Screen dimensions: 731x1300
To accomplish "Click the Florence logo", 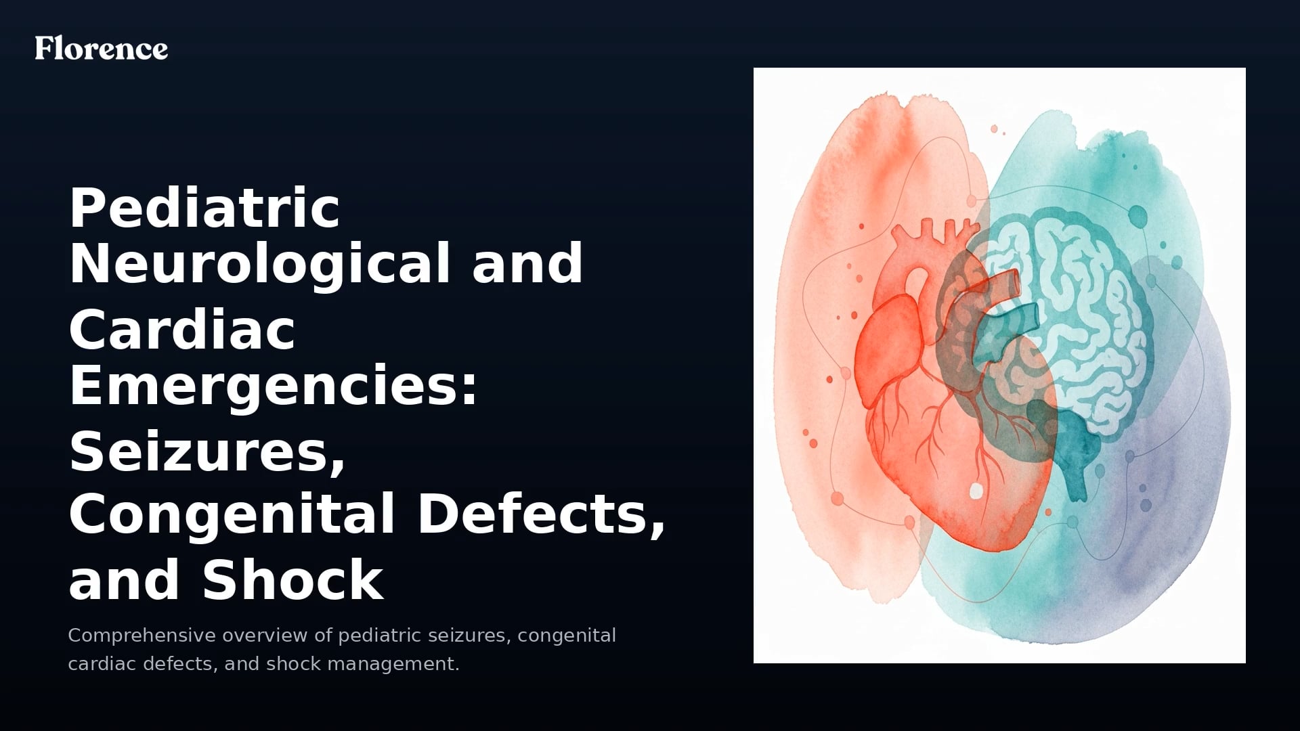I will click(102, 48).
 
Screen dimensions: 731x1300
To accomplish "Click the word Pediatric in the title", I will click(204, 208).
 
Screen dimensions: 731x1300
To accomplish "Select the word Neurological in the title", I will click(260, 264).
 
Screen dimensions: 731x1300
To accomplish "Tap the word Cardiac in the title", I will click(181, 331).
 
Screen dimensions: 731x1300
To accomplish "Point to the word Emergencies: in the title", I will click(274, 386).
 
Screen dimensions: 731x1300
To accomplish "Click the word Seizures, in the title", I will click(207, 453).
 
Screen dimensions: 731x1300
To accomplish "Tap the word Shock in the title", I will click(292, 580).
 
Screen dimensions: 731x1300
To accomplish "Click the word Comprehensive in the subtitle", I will click(142, 636).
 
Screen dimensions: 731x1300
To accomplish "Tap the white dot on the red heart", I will click(976, 491).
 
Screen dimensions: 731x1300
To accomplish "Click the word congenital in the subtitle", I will click(567, 636).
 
